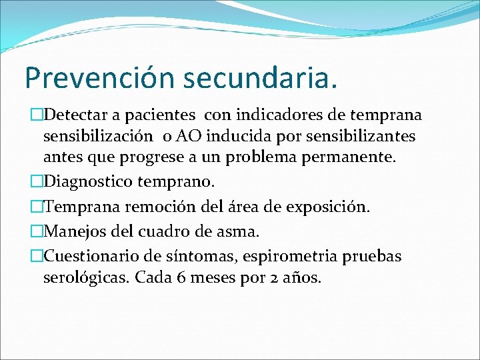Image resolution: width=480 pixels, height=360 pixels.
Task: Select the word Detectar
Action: click(74, 115)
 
